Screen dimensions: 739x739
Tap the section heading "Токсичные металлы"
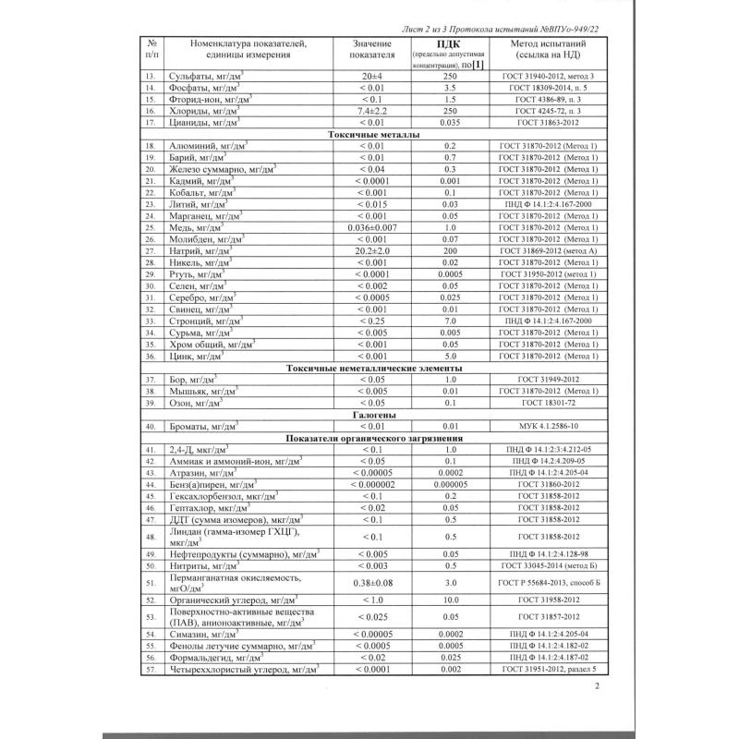coord(369,135)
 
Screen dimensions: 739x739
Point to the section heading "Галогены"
coord(369,415)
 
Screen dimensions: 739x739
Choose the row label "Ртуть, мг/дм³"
coord(196,274)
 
